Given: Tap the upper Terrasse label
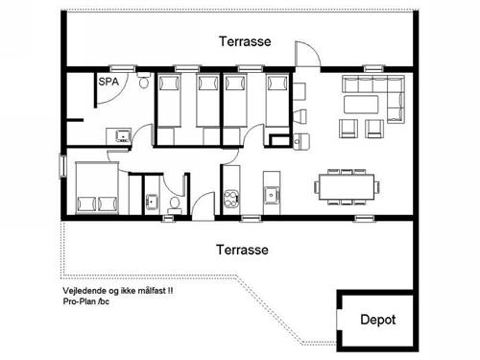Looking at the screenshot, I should pyautogui.click(x=244, y=42).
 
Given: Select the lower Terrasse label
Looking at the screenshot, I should pyautogui.click(x=242, y=248).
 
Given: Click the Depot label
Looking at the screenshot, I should pyautogui.click(x=377, y=320).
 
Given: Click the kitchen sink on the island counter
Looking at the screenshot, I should pyautogui.click(x=272, y=196).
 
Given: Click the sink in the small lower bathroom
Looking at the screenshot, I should pyautogui.click(x=149, y=201).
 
